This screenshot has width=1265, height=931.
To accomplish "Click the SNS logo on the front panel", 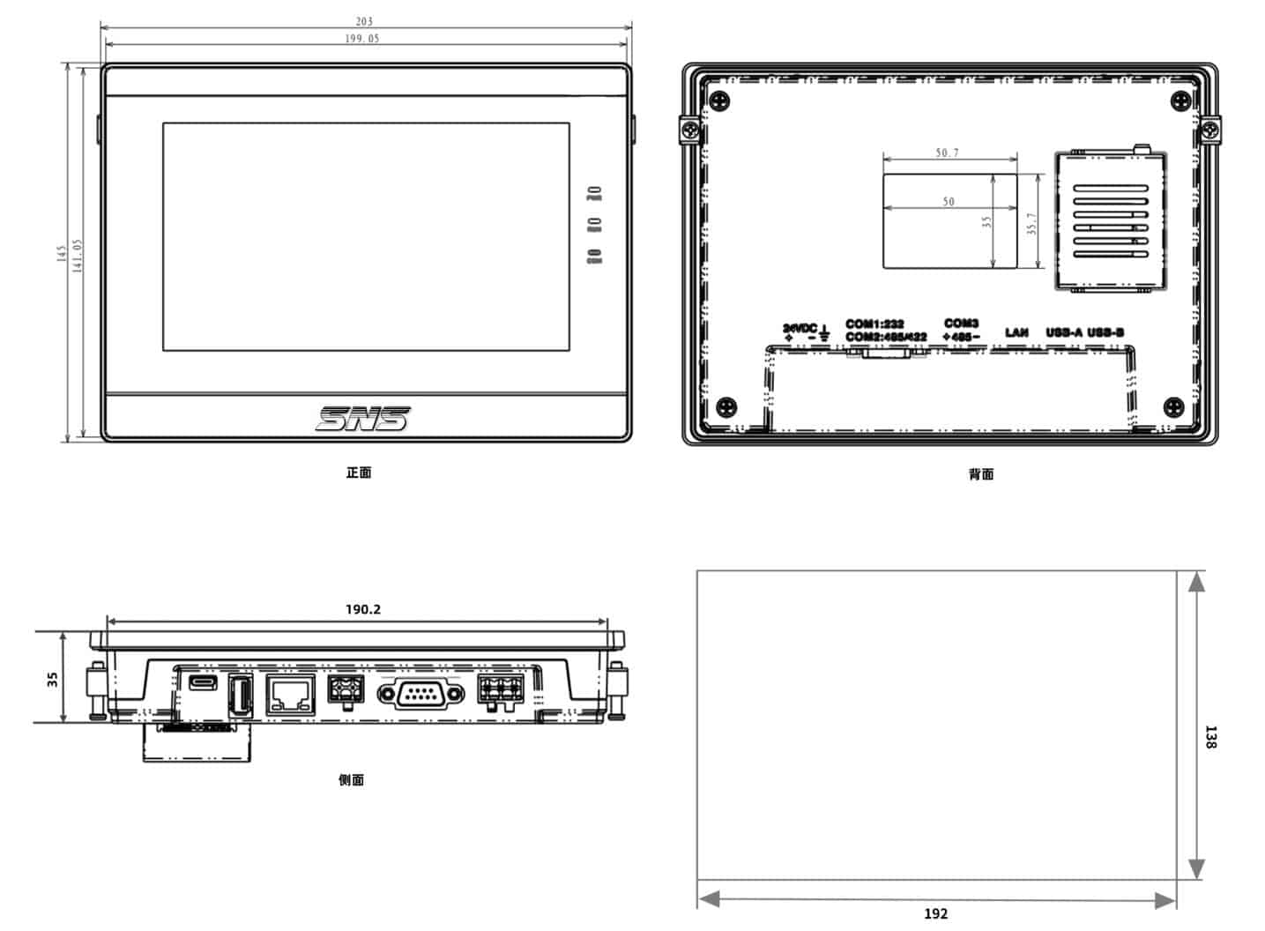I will point(363,419).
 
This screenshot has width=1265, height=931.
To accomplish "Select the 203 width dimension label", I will point(364,21).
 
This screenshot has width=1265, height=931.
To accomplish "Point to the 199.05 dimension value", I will point(362,39).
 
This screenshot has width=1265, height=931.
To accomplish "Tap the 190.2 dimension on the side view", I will point(362,609).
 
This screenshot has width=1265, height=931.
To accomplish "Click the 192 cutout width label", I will point(935,913).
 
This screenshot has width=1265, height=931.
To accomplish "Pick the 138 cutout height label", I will point(1210,737).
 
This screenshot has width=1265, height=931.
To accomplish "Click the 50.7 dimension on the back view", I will point(947,153).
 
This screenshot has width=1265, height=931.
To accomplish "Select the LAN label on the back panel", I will point(1016,332).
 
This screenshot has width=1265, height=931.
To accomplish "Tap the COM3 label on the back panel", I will point(961,324).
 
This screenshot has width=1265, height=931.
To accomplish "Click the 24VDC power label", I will point(800,328).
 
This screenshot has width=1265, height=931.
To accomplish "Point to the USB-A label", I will point(1063,332).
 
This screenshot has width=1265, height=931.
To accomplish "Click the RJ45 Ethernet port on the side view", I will point(290,696).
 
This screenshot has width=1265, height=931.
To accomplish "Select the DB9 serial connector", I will point(420,695).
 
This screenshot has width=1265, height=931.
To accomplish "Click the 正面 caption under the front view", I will point(358,473).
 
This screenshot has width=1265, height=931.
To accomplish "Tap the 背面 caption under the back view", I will point(980,474).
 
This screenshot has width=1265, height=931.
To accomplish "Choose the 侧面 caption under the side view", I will point(351,779).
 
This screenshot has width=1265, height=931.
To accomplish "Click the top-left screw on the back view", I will point(722,101).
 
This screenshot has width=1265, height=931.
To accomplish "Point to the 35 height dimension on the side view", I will point(53,679).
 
